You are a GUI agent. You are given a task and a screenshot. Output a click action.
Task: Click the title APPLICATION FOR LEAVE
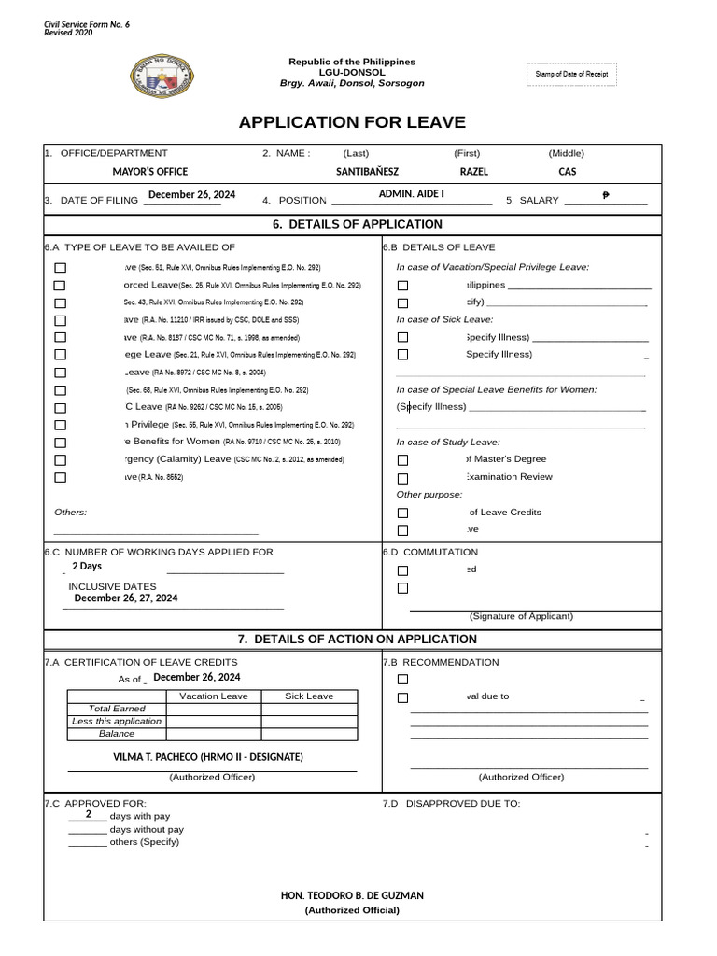coord(352,122)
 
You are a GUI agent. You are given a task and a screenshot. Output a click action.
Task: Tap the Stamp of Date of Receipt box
coord(572,74)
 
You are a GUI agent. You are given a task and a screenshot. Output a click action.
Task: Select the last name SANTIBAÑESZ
coord(367,172)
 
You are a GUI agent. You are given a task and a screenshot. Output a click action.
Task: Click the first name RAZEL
coord(474,172)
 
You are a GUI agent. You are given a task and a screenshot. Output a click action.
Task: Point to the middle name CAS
coord(568,172)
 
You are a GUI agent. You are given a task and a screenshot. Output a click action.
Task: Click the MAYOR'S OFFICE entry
coord(150,172)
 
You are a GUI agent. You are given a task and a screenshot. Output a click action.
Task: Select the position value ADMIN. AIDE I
coord(411,193)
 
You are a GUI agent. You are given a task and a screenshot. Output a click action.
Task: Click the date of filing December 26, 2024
coord(191,194)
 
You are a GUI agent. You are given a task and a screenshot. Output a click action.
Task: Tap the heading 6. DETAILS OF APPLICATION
coord(352,225)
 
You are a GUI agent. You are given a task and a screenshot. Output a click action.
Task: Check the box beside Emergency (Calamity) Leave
coord(61,460)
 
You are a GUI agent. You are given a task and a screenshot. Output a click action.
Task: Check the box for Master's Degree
coord(402,460)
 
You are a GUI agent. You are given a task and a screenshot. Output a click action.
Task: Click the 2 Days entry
coord(87,567)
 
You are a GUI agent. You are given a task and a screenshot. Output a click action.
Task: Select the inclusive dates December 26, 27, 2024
coord(126,598)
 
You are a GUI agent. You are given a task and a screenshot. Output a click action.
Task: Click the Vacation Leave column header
coord(213,696)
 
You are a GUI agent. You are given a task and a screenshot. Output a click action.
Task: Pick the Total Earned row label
coord(117,709)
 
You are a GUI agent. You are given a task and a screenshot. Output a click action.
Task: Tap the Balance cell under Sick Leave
coord(308,734)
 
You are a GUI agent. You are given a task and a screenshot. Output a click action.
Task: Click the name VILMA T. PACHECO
coord(207,757)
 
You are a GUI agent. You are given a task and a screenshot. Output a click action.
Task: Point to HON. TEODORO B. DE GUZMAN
coord(352,895)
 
